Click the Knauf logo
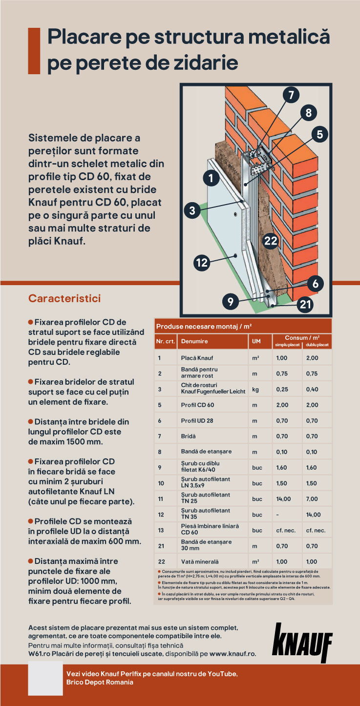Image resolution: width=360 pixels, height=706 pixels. click(x=302, y=643)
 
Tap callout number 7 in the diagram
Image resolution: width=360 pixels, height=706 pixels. click(x=291, y=95)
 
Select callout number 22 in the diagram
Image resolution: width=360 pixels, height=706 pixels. click(x=270, y=240)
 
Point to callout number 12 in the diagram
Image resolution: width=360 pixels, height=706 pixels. click(x=202, y=263)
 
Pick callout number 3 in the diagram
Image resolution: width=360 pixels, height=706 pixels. click(x=192, y=210)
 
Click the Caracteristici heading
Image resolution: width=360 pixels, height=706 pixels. click(x=64, y=298)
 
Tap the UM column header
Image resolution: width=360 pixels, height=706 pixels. click(x=256, y=341)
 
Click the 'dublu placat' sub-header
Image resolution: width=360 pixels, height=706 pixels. click(x=318, y=345)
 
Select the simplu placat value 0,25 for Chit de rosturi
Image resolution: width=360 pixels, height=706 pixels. click(x=282, y=389)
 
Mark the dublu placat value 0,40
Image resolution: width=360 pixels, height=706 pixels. click(x=312, y=389)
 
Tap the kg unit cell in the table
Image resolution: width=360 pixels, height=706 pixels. click(x=255, y=389)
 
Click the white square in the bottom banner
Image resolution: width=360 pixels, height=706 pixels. click(x=45, y=678)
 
